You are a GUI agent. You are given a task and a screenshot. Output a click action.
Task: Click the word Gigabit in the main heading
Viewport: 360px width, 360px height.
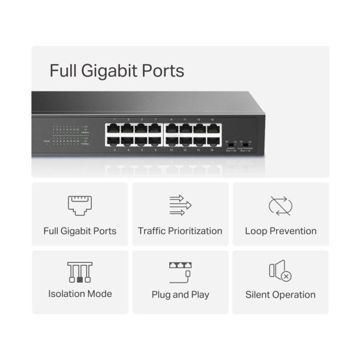109,71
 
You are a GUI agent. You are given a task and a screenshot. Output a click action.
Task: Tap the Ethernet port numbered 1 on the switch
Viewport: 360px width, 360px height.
114,128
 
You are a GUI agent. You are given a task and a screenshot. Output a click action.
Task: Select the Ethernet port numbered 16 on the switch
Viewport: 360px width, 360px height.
213,141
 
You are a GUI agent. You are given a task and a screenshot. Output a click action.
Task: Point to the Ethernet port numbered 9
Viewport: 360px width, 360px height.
172,128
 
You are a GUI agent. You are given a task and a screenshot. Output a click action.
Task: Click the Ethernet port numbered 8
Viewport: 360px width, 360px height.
155,141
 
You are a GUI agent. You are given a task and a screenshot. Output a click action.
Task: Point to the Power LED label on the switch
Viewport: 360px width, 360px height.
47,141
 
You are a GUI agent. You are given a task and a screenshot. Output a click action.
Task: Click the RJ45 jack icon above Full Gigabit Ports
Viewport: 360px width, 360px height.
80,205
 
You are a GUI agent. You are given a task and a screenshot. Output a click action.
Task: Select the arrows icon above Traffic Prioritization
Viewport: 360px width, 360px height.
180,205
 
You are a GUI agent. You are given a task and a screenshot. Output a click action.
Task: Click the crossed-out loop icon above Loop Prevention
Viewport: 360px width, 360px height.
280,205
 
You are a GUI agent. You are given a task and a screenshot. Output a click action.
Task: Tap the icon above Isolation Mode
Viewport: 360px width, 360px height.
80,272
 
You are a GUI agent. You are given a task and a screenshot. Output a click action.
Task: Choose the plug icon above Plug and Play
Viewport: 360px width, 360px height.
180,272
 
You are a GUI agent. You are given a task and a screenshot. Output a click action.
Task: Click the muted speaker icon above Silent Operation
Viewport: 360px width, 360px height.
280,272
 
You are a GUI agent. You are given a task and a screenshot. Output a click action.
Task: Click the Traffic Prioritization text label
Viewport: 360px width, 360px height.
180,231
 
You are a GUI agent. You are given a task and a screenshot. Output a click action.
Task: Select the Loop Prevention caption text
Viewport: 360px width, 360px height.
280,231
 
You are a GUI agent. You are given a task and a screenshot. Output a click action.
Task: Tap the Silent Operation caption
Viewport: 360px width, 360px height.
280,295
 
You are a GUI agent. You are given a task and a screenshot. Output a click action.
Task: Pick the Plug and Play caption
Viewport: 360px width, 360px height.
180,295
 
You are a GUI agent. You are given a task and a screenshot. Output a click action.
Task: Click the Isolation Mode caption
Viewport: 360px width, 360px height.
80,294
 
